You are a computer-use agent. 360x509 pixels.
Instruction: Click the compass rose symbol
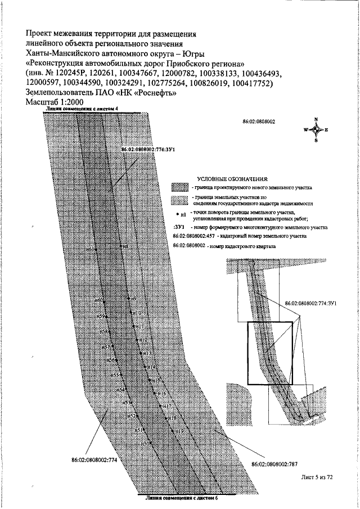[x=316, y=129]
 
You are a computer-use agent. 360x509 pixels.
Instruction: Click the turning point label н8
[x=125, y=247]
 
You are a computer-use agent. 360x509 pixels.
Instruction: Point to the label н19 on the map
[x=179, y=430]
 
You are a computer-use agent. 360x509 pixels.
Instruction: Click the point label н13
[x=147, y=353]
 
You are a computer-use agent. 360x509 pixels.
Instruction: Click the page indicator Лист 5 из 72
[x=317, y=477]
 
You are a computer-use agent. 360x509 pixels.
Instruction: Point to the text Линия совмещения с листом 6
[x=181, y=498]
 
